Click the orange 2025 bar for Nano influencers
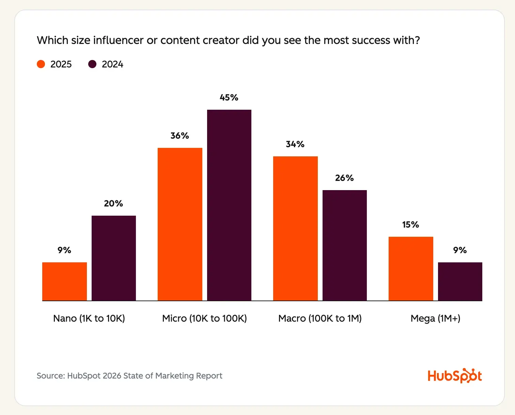pyautogui.click(x=64, y=281)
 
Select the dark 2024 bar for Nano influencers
pyautogui.click(x=114, y=258)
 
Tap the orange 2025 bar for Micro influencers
pyautogui.click(x=180, y=224)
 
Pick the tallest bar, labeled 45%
pyautogui.click(x=229, y=205)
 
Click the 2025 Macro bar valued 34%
pyautogui.click(x=295, y=228)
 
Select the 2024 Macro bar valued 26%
pyautogui.click(x=345, y=245)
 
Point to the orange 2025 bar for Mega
pyautogui.click(x=411, y=268)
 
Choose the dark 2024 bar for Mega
pyautogui.click(x=460, y=281)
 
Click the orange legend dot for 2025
pyautogui.click(x=41, y=64)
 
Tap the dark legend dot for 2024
pyautogui.click(x=92, y=64)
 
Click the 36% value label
pyautogui.click(x=180, y=136)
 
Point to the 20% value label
pyautogui.click(x=113, y=203)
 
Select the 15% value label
pyautogui.click(x=410, y=225)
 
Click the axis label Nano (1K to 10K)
pyautogui.click(x=89, y=318)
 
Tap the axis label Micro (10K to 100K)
pyautogui.click(x=204, y=318)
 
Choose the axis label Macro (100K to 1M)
pyautogui.click(x=320, y=318)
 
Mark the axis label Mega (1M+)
pyautogui.click(x=435, y=318)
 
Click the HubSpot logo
pyautogui.click(x=455, y=375)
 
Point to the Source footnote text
pyautogui.click(x=129, y=375)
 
